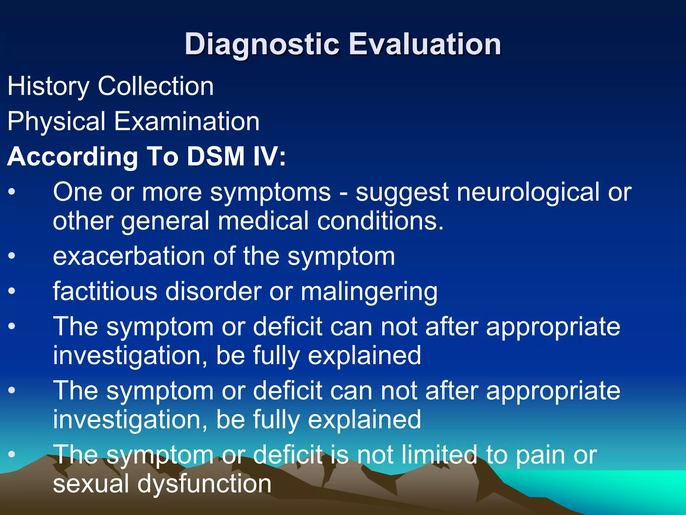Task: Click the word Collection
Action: [155, 86]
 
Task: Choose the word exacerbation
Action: [129, 256]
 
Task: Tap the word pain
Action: [539, 455]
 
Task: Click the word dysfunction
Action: [204, 484]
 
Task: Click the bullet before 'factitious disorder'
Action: [12, 291]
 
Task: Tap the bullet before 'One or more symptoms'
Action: [12, 192]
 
